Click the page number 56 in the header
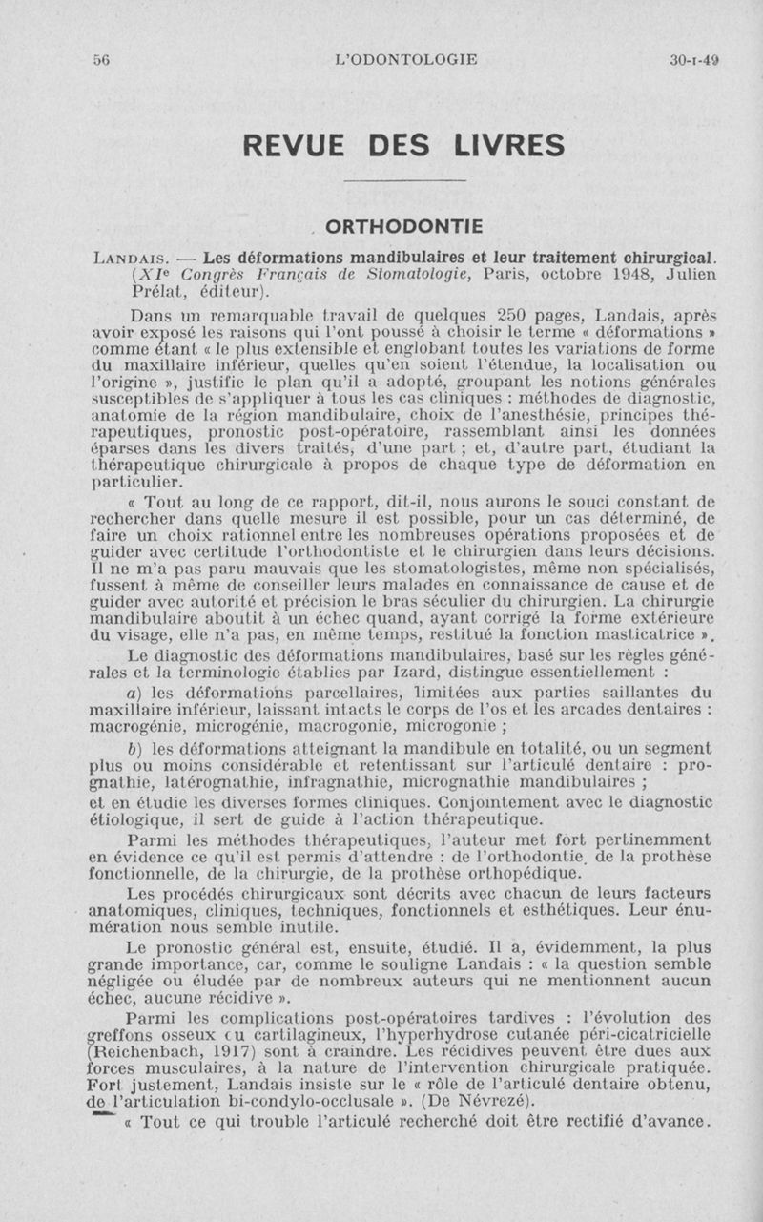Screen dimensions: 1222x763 coord(101,59)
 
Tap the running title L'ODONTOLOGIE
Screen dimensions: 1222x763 coord(407,59)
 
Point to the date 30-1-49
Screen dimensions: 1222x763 coord(693,59)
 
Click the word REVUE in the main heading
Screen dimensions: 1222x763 coord(302,145)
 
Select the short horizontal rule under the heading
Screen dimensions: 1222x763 coord(404,181)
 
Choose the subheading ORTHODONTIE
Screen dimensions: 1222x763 coord(403,226)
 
